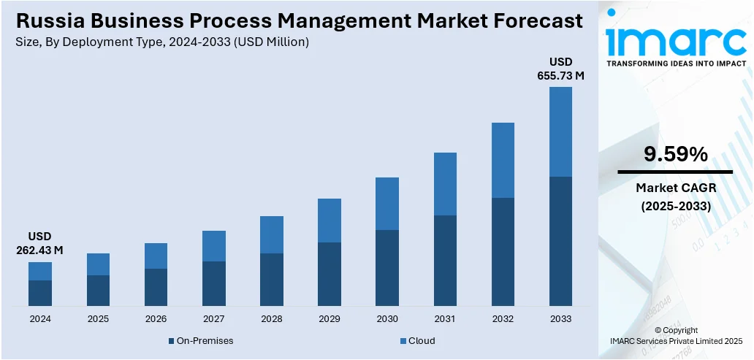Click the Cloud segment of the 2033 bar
pyautogui.click(x=560, y=131)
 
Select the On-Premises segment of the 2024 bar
pyautogui.click(x=40, y=293)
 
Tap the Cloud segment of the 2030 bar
pyautogui.click(x=387, y=204)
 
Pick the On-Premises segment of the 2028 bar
pyautogui.click(x=272, y=280)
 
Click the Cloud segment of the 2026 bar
pyautogui.click(x=156, y=256)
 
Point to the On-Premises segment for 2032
pyautogui.click(x=503, y=251)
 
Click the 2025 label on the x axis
pyautogui.click(x=98, y=319)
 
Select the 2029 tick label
pyautogui.click(x=330, y=319)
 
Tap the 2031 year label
pyautogui.click(x=445, y=319)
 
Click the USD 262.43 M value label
pyautogui.click(x=39, y=243)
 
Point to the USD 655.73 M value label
pyautogui.click(x=561, y=68)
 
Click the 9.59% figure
pyautogui.click(x=675, y=154)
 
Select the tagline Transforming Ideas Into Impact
pyautogui.click(x=676, y=64)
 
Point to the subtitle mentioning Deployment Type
pyautogui.click(x=161, y=42)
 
